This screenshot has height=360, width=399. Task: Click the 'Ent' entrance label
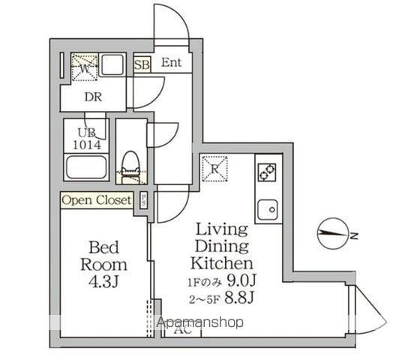tap(170, 63)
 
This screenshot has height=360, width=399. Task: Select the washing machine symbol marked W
tap(83, 66)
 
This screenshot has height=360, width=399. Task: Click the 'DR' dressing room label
tap(93, 97)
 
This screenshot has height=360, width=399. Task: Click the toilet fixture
tap(131, 166)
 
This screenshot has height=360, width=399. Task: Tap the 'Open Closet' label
tap(97, 200)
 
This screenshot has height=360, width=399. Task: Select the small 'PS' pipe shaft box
tap(142, 200)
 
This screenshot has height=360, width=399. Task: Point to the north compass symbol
tap(333, 235)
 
